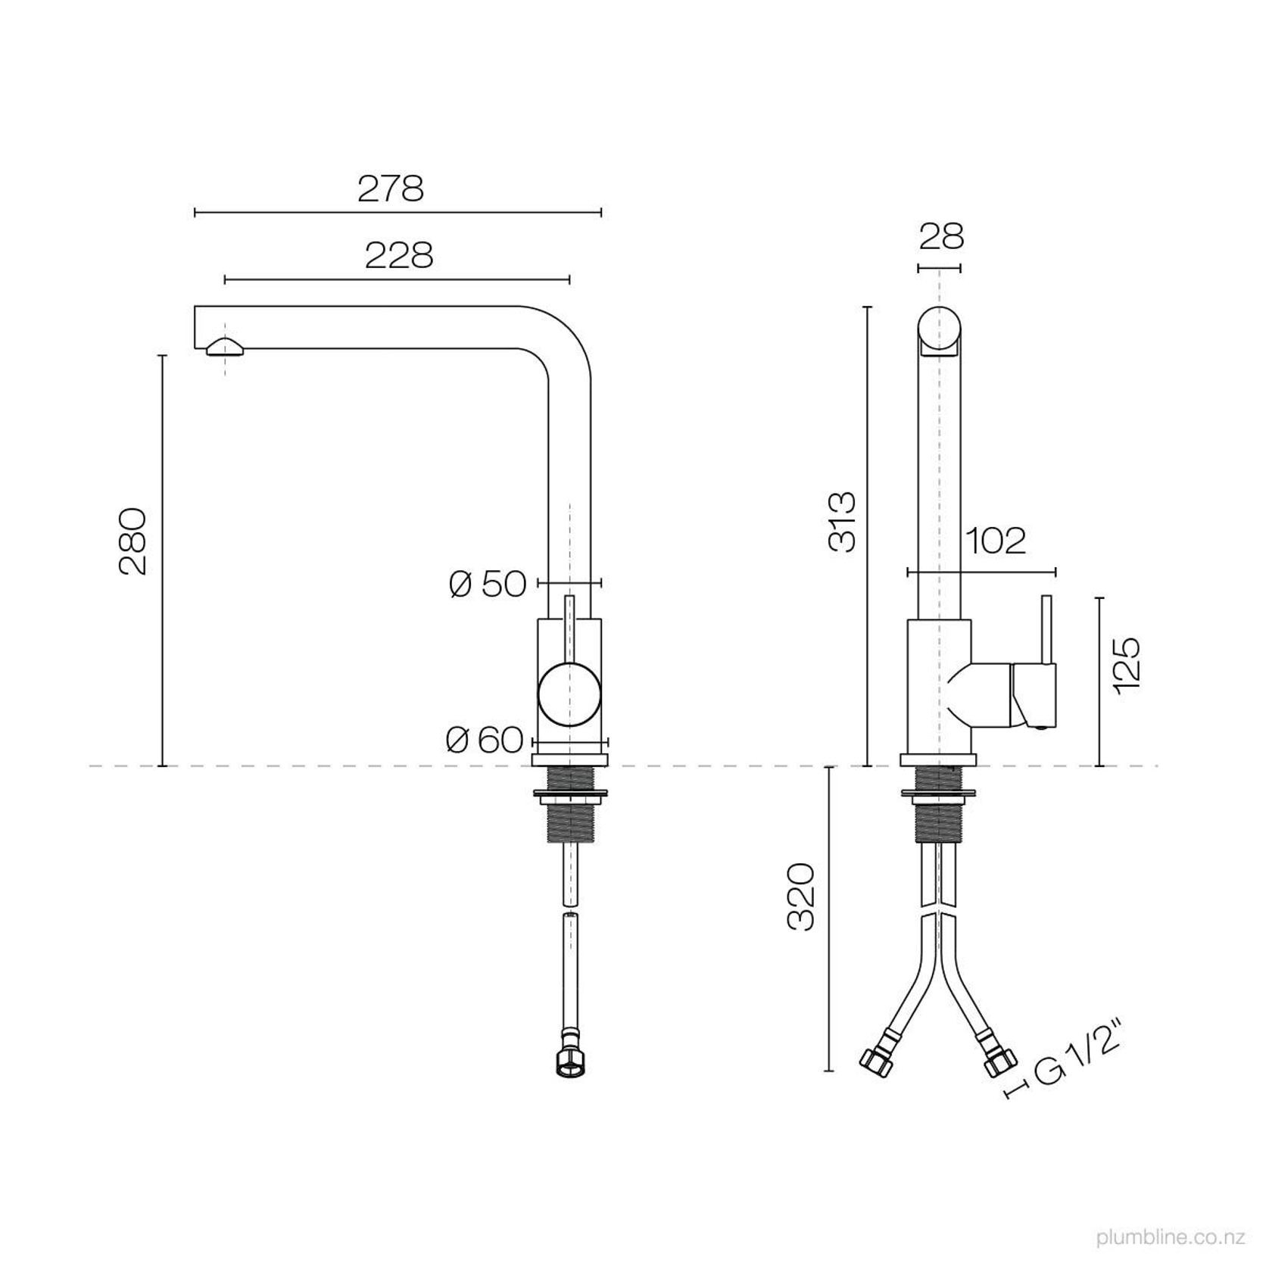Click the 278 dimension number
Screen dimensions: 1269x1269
[x=391, y=189]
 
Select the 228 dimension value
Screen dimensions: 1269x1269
[x=399, y=256]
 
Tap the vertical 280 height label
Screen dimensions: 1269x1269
[x=133, y=541]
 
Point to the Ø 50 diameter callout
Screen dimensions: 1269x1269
[x=487, y=584]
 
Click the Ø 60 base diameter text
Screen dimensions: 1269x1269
[x=485, y=740]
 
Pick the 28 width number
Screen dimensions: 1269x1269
[x=941, y=237]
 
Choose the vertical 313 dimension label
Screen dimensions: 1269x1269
[x=842, y=522]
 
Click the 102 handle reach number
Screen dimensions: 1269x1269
[x=996, y=541]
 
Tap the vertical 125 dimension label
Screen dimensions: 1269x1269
[x=1127, y=664]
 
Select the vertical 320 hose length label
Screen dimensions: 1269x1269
[x=800, y=896]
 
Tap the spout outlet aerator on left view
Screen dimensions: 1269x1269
[x=225, y=348]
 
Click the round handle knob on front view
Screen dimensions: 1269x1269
[x=570, y=694]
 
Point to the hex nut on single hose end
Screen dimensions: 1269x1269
[x=569, y=1063]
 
